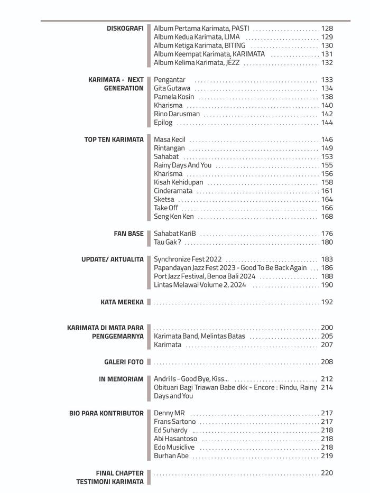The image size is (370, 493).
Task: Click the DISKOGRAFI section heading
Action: [125, 28]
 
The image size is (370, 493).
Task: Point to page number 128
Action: [327, 28]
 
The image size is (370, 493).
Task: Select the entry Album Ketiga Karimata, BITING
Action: [199, 45]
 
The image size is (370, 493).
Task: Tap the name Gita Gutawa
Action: [172, 88]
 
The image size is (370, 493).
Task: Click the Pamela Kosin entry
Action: [174, 97]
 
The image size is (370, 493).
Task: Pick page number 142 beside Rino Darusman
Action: [327, 114]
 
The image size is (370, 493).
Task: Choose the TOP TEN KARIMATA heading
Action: [114, 139]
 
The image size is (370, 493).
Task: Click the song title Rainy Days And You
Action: [182, 165]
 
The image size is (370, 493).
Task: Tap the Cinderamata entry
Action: [173, 191]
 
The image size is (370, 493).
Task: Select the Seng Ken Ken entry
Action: [173, 216]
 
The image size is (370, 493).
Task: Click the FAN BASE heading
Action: [128, 233]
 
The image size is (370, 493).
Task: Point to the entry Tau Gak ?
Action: [167, 242]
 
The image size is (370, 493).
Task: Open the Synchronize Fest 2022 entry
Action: [188, 259]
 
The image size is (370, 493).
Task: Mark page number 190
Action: [327, 285]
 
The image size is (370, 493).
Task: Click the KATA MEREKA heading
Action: [122, 302]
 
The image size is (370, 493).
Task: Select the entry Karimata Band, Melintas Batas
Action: [199, 336]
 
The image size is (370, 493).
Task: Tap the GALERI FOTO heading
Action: [124, 362]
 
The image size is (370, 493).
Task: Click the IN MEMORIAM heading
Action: [121, 379]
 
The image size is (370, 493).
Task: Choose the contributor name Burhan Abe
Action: [171, 456]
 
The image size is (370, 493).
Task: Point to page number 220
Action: [327, 473]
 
